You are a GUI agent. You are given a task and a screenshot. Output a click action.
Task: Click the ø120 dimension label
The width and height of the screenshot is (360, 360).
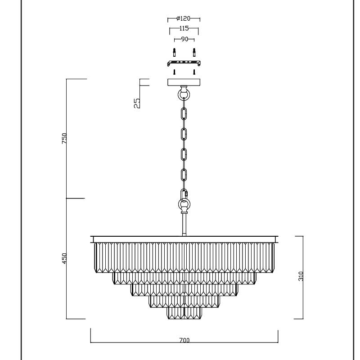pyautogui.click(x=184, y=18)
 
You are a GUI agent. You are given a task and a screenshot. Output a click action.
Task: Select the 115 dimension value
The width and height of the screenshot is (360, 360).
pyautogui.click(x=184, y=28)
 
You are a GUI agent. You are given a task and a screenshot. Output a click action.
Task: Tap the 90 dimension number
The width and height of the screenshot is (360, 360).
pyautogui.click(x=184, y=39)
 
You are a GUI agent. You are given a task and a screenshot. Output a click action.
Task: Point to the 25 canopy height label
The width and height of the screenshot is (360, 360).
pyautogui.click(x=137, y=103)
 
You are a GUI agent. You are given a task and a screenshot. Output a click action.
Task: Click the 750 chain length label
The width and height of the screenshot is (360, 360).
pyautogui.click(x=64, y=139)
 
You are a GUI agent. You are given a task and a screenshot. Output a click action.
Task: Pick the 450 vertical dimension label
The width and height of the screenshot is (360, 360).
pyautogui.click(x=64, y=258)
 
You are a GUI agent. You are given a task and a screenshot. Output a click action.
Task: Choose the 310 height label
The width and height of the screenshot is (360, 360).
pyautogui.click(x=301, y=276)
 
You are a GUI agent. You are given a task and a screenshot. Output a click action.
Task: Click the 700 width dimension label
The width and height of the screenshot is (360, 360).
pyautogui.click(x=184, y=340)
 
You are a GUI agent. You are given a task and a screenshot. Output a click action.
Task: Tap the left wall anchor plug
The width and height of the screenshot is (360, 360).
pyautogui.click(x=175, y=52)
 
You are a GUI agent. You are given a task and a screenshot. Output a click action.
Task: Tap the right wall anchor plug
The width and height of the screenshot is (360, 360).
pyautogui.click(x=194, y=52)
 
